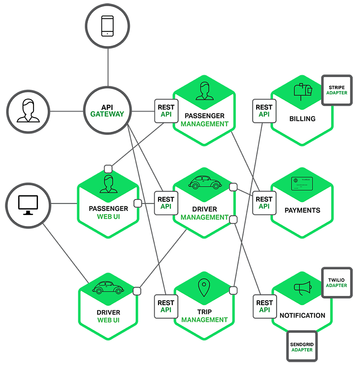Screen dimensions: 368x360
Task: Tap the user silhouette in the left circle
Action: [x=28, y=111]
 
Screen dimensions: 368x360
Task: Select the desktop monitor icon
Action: [x=28, y=205]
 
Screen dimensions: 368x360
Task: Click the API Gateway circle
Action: [x=107, y=111]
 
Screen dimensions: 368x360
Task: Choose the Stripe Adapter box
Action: [x=337, y=90]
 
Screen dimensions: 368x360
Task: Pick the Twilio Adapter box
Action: [x=337, y=283]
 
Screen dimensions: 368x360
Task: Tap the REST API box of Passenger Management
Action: [x=166, y=111]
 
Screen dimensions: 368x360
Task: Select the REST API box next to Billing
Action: [x=264, y=111]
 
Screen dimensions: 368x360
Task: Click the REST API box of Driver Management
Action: [x=166, y=203]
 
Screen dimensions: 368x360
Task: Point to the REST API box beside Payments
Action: [x=264, y=203]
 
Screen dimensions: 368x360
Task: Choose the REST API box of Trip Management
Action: [x=166, y=307]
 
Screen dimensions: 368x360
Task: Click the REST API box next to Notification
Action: [x=264, y=307]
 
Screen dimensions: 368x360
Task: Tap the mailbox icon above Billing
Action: [x=303, y=91]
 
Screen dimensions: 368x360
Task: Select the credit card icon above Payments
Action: [x=302, y=184]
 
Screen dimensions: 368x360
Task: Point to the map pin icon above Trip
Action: [x=204, y=288]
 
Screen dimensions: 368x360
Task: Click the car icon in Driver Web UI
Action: [x=106, y=287]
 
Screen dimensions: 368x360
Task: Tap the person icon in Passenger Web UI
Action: [x=108, y=184]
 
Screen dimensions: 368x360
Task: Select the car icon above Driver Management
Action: [x=204, y=182]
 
